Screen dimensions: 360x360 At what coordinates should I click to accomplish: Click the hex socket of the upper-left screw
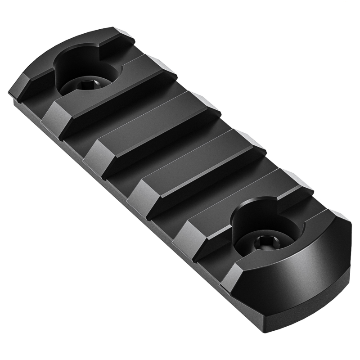pyautogui.click(x=85, y=84)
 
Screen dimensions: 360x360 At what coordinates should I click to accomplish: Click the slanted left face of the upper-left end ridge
pyautogui.click(x=20, y=88)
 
